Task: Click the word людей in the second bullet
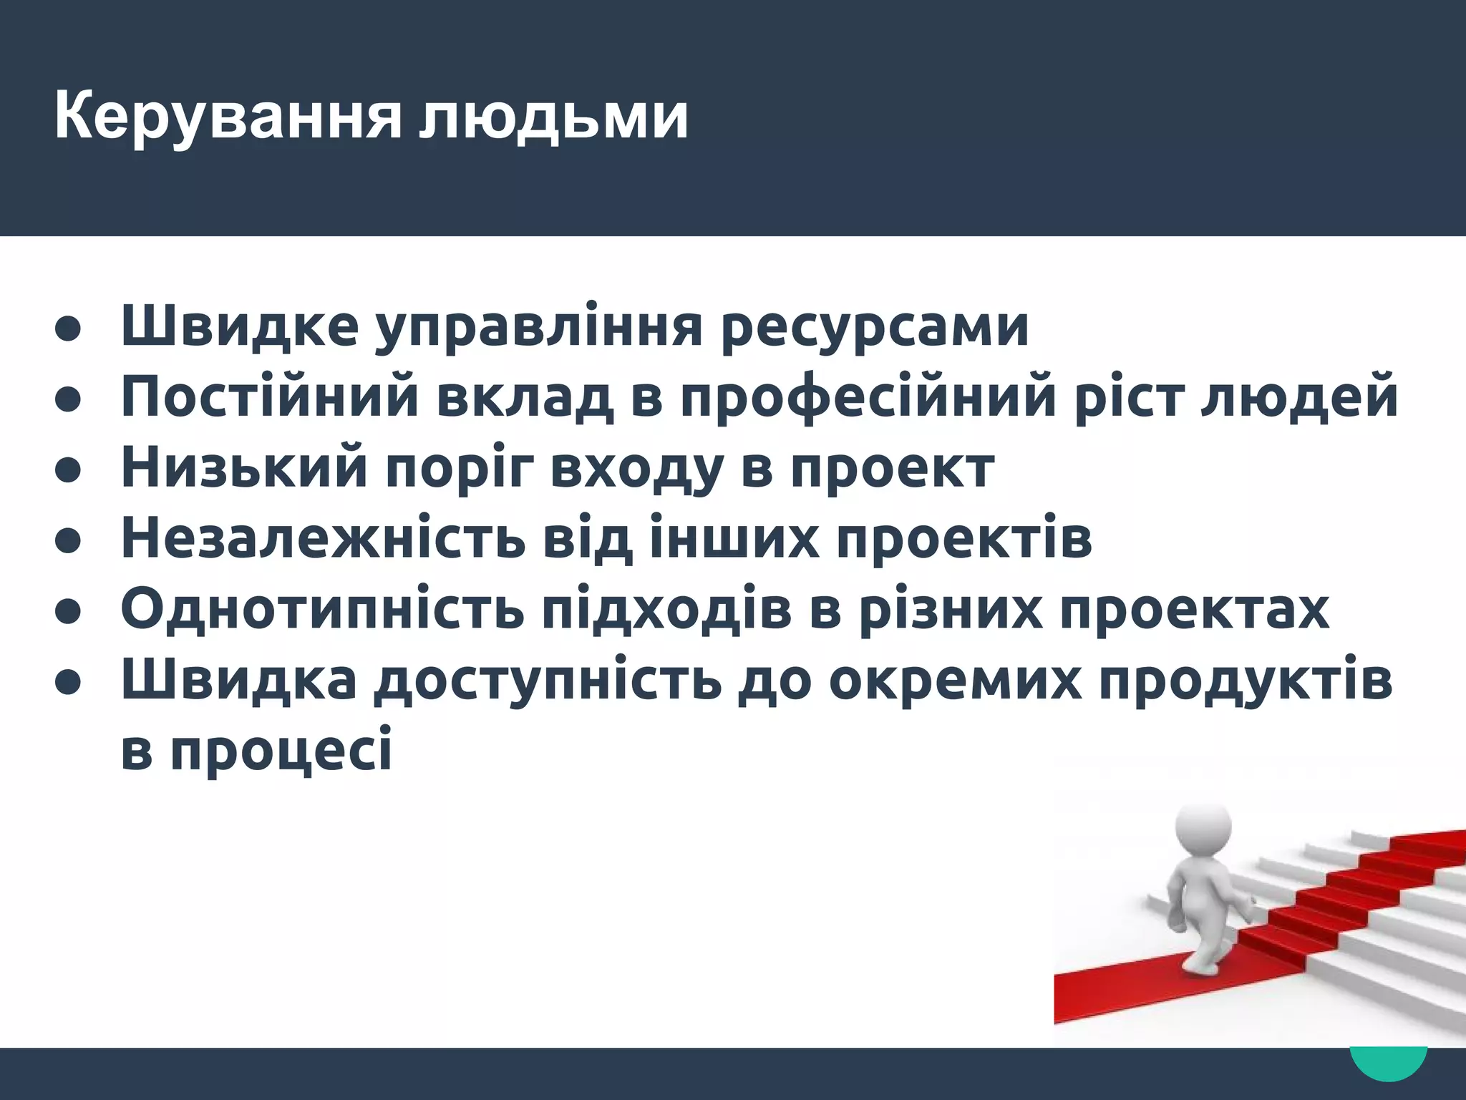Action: tap(1298, 398)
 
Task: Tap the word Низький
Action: tap(244, 467)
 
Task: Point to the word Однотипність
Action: tap(323, 608)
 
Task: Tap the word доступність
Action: tap(548, 681)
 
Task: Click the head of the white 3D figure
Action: tap(1203, 827)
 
